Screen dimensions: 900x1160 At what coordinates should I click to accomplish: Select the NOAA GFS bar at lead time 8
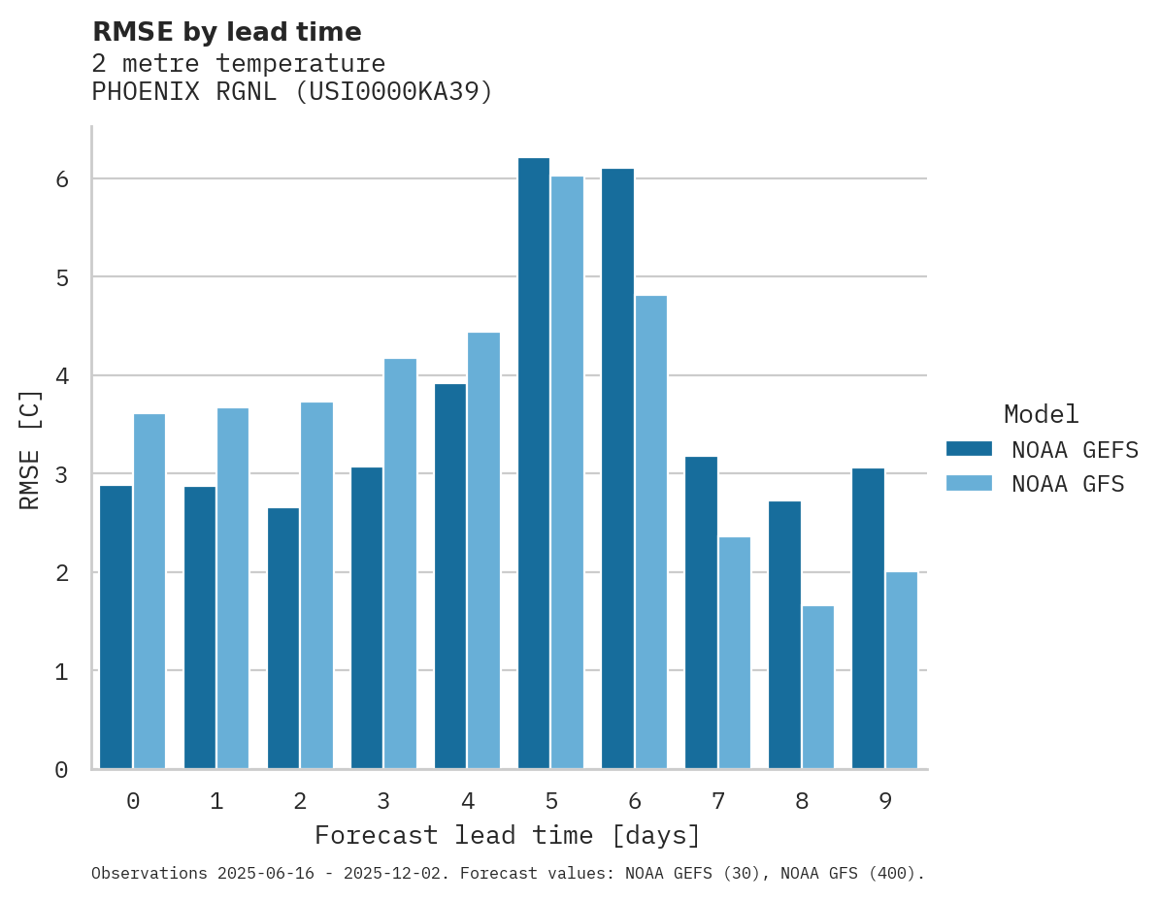tap(818, 688)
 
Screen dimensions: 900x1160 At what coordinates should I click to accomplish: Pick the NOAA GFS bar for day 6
tap(651, 532)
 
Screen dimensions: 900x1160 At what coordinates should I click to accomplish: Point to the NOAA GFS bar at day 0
tap(149, 592)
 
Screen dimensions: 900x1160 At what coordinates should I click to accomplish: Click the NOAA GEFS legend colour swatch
tap(969, 448)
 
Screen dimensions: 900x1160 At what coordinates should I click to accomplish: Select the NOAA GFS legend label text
tap(1068, 484)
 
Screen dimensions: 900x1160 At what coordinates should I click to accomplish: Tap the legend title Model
tap(1041, 414)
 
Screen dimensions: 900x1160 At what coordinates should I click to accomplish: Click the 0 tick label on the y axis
tap(60, 770)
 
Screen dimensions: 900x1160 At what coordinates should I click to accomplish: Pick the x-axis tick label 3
tap(383, 801)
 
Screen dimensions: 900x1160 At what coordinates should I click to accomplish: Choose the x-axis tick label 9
tap(884, 801)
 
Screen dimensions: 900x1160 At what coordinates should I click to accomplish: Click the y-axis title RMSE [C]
tap(30, 449)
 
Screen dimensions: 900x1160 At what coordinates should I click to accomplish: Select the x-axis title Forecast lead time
tap(507, 835)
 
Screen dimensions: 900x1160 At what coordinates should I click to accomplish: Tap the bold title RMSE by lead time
tap(226, 32)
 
